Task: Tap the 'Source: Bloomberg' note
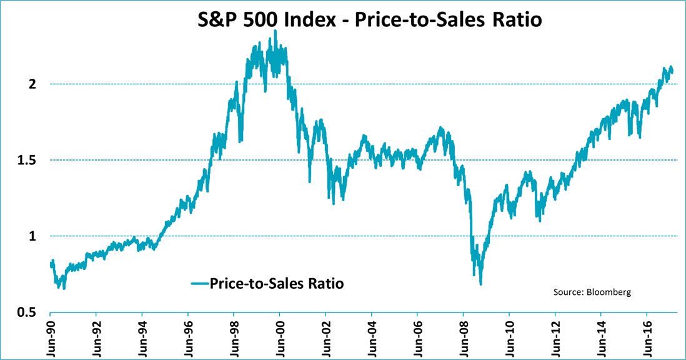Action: [592, 292]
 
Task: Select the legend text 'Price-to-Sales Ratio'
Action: [276, 283]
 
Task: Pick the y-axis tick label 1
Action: [36, 236]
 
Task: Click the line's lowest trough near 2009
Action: [480, 284]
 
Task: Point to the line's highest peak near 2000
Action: [275, 31]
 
